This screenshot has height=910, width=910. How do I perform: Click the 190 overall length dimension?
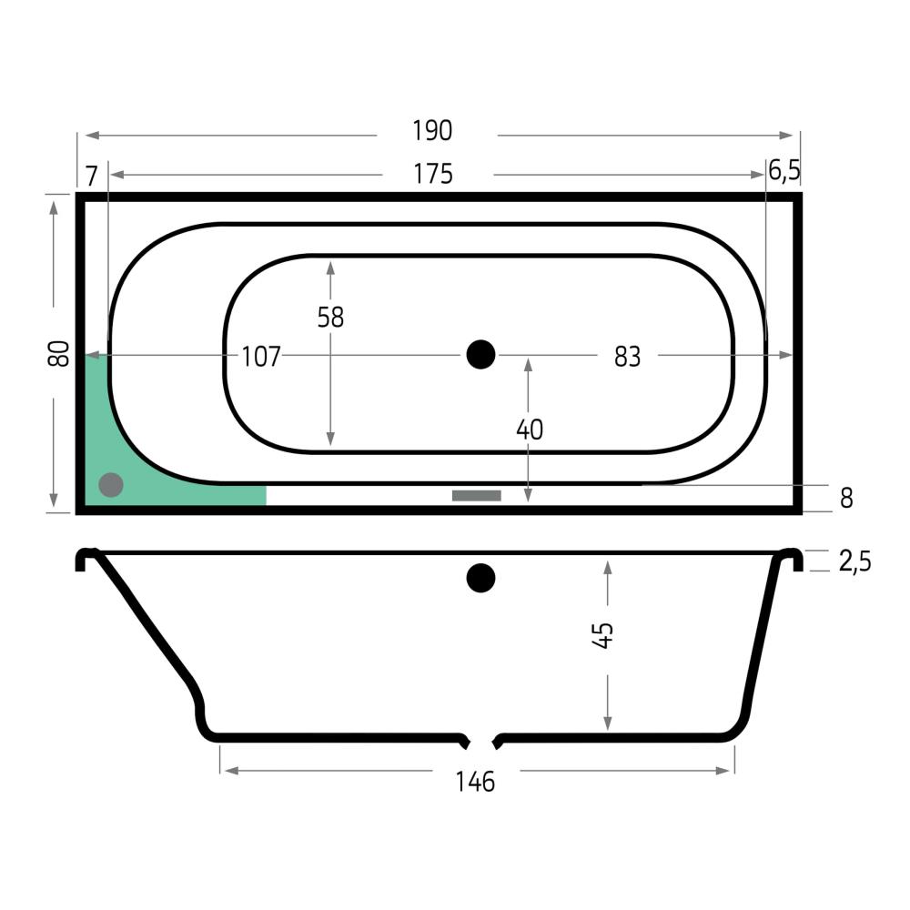[431, 130]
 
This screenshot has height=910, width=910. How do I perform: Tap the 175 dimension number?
[433, 174]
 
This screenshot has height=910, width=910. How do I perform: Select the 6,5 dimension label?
[784, 171]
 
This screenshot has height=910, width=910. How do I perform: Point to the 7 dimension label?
[92, 176]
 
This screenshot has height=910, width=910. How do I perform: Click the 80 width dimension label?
[58, 353]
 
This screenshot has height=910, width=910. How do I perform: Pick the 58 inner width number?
[330, 318]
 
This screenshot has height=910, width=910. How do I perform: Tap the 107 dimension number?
[260, 357]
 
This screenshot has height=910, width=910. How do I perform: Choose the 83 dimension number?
[627, 357]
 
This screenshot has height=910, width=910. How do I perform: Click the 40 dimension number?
[530, 430]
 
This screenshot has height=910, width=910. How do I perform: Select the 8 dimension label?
[846, 498]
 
